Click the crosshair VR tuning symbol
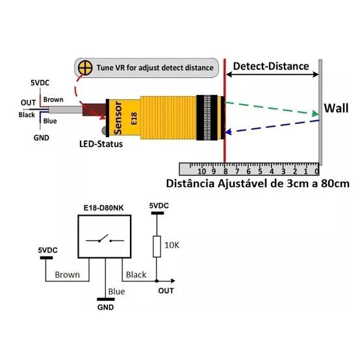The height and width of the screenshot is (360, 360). click(85, 68)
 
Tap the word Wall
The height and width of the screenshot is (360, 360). click(336, 108)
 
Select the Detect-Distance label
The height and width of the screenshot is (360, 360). click(271, 66)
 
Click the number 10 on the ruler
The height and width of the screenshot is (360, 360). click(201, 172)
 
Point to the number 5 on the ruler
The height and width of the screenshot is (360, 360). click(260, 172)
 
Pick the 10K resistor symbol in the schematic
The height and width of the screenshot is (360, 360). click(157, 246)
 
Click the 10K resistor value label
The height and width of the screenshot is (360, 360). click(172, 245)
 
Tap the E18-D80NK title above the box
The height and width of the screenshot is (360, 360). click(103, 208)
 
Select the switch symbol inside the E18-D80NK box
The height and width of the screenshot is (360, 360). click(105, 238)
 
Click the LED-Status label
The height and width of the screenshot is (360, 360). click(101, 144)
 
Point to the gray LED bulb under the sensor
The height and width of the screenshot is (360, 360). click(104, 131)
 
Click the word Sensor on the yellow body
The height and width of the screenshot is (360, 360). click(118, 118)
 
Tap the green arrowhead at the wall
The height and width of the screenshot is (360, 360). click(315, 114)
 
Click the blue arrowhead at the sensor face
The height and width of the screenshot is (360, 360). click(228, 132)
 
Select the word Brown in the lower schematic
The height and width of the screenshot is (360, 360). click(68, 275)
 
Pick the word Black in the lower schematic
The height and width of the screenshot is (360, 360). click(136, 275)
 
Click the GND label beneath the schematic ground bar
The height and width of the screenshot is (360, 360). click(106, 307)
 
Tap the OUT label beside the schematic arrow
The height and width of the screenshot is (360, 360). click(166, 291)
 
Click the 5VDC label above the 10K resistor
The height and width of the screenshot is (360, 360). click(159, 206)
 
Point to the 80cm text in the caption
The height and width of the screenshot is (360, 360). click(335, 184)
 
